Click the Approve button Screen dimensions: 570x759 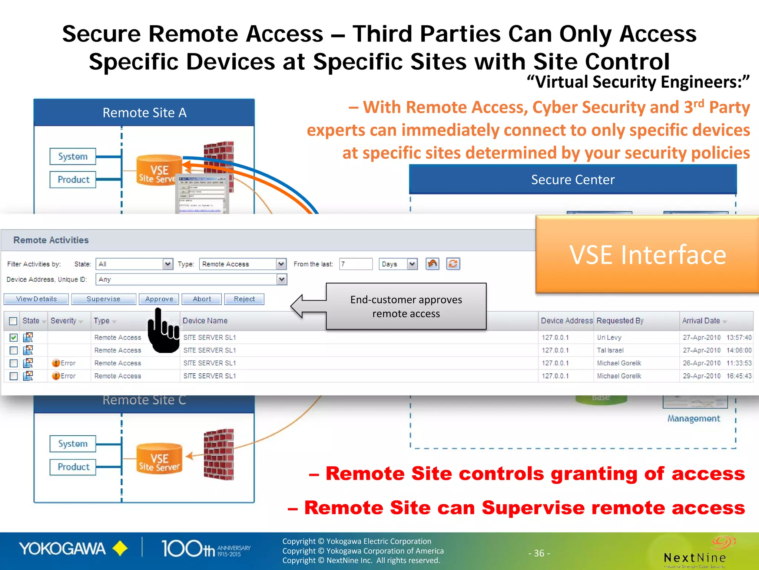pyautogui.click(x=159, y=299)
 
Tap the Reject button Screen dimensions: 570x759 pyautogui.click(x=244, y=299)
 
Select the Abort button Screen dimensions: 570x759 pyautogui.click(x=202, y=299)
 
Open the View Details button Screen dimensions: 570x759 pyautogui.click(x=36, y=299)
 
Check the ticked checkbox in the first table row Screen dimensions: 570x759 pyautogui.click(x=14, y=337)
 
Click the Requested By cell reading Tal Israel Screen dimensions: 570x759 pyautogui.click(x=610, y=350)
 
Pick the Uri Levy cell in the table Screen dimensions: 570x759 pyautogui.click(x=609, y=337)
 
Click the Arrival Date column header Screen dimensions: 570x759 pyautogui.click(x=701, y=321)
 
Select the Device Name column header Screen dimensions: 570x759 pyautogui.click(x=205, y=321)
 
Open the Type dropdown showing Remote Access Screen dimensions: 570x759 pyautogui.click(x=242, y=264)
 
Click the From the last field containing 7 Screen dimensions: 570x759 pyautogui.click(x=355, y=264)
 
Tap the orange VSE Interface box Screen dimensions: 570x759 pyautogui.click(x=647, y=255)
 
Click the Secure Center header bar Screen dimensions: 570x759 pyautogui.click(x=573, y=180)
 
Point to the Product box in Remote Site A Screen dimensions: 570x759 pyautogui.click(x=73, y=180)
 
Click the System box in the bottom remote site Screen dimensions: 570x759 pyautogui.click(x=73, y=444)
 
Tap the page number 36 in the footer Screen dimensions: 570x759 pyautogui.click(x=539, y=553)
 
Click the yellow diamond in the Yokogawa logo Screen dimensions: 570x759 pyautogui.click(x=120, y=549)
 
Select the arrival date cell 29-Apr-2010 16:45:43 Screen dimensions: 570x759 pyautogui.click(x=717, y=376)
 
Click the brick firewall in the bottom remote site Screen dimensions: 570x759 pyautogui.click(x=219, y=455)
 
